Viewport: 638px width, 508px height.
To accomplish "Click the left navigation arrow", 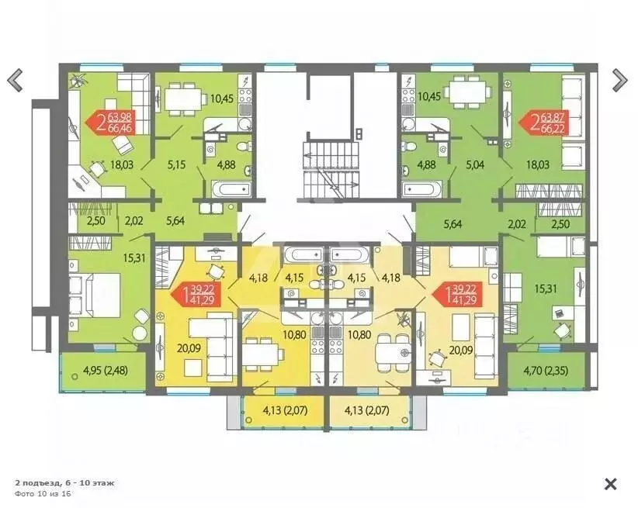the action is (15, 80).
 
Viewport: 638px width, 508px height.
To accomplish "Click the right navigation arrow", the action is (619, 80).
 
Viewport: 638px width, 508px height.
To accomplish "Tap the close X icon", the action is (611, 484).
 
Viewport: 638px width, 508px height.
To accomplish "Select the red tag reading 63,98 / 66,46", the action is (111, 123).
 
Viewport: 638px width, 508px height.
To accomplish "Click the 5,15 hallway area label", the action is (177, 164).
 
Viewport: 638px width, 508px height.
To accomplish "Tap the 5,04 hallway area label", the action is (475, 164).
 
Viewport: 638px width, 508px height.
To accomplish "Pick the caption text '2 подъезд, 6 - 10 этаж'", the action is (64, 482).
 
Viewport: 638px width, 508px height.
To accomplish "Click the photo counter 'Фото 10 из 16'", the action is (43, 493).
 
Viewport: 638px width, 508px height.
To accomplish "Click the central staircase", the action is (331, 170).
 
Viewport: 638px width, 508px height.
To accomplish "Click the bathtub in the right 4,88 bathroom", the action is (421, 188).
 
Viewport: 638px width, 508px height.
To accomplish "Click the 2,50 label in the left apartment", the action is (96, 220).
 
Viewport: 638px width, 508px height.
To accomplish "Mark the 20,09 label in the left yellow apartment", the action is (189, 348).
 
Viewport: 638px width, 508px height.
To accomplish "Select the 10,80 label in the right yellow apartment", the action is (359, 335).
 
